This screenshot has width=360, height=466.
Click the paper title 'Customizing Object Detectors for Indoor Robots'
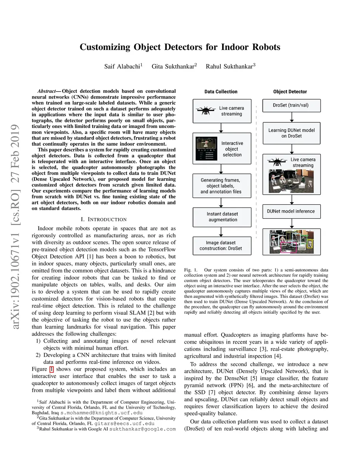pos(180,47)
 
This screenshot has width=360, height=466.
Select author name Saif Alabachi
pos(122,66)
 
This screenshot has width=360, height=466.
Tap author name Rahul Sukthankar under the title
pos(230,66)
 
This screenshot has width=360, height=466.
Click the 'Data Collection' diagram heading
pos(221,92)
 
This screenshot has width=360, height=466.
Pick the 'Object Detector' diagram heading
pos(290,92)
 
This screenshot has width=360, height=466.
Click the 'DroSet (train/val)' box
pos(291,105)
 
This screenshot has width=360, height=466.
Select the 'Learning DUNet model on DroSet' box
pos(291,133)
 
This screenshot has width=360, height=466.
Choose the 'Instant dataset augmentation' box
pos(222,217)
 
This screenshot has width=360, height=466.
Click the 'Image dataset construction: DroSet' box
pos(222,245)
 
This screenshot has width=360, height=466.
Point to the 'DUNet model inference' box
pos(291,211)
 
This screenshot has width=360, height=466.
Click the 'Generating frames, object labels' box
pos(221,186)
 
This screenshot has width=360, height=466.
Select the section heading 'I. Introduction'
pos(104,219)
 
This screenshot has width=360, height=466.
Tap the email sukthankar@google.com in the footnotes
pos(142,429)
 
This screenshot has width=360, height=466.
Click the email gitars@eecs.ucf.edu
pos(120,423)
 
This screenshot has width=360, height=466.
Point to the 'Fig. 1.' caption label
pos(191,270)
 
